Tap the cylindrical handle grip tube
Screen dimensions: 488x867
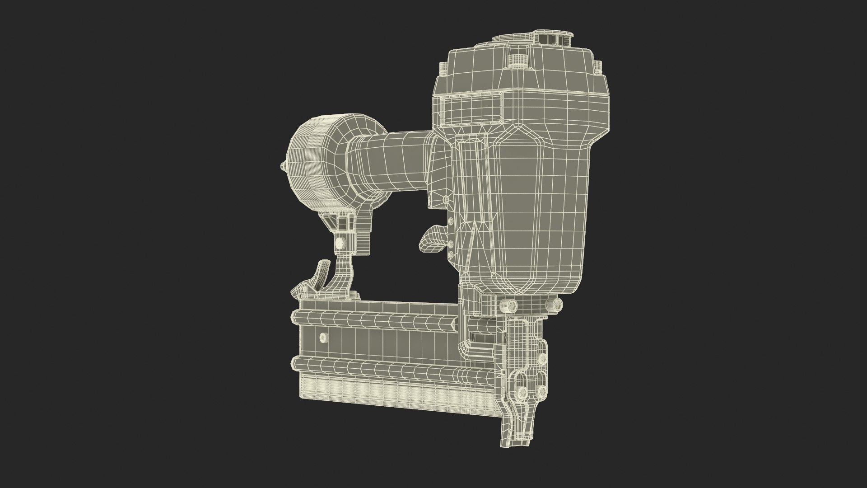[x=388, y=161]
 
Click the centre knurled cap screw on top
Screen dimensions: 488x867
[x=517, y=61]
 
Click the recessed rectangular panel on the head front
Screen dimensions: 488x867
[x=472, y=110]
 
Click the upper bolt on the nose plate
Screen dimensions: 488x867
[x=541, y=358]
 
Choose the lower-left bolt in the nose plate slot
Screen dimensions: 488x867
[x=522, y=392]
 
